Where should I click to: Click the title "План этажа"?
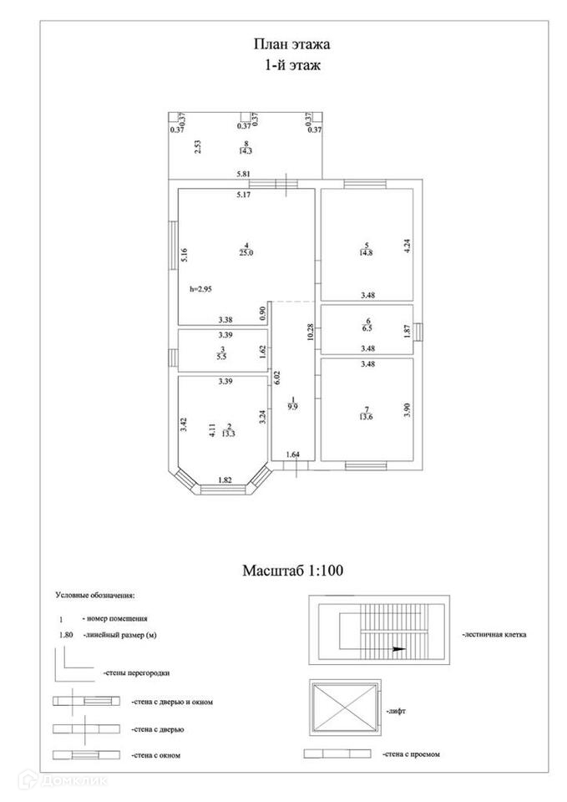click(286, 43)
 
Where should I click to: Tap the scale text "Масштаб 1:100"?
click(293, 571)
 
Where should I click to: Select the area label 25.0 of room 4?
click(246, 251)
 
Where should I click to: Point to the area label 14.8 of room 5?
click(366, 252)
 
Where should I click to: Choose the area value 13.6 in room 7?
click(366, 418)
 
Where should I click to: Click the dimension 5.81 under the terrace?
click(244, 174)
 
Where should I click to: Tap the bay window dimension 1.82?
click(225, 480)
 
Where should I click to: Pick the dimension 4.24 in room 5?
click(407, 246)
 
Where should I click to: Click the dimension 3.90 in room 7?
click(407, 409)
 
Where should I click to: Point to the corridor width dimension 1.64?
click(292, 454)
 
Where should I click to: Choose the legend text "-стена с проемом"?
click(411, 754)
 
